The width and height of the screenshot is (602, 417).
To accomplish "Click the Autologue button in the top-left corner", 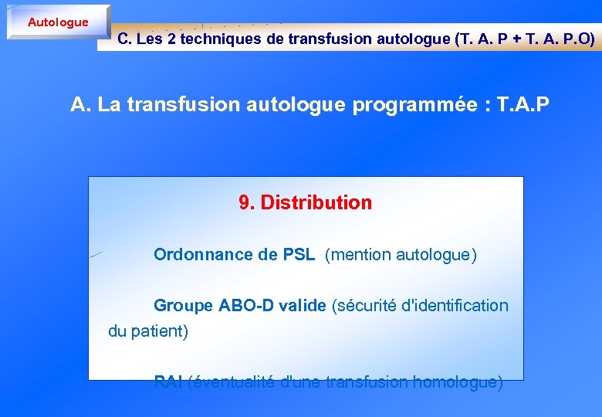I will coord(58,22).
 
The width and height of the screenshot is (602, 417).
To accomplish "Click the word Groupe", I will coord(183,306).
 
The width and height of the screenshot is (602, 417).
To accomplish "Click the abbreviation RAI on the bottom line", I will coord(168,382).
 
